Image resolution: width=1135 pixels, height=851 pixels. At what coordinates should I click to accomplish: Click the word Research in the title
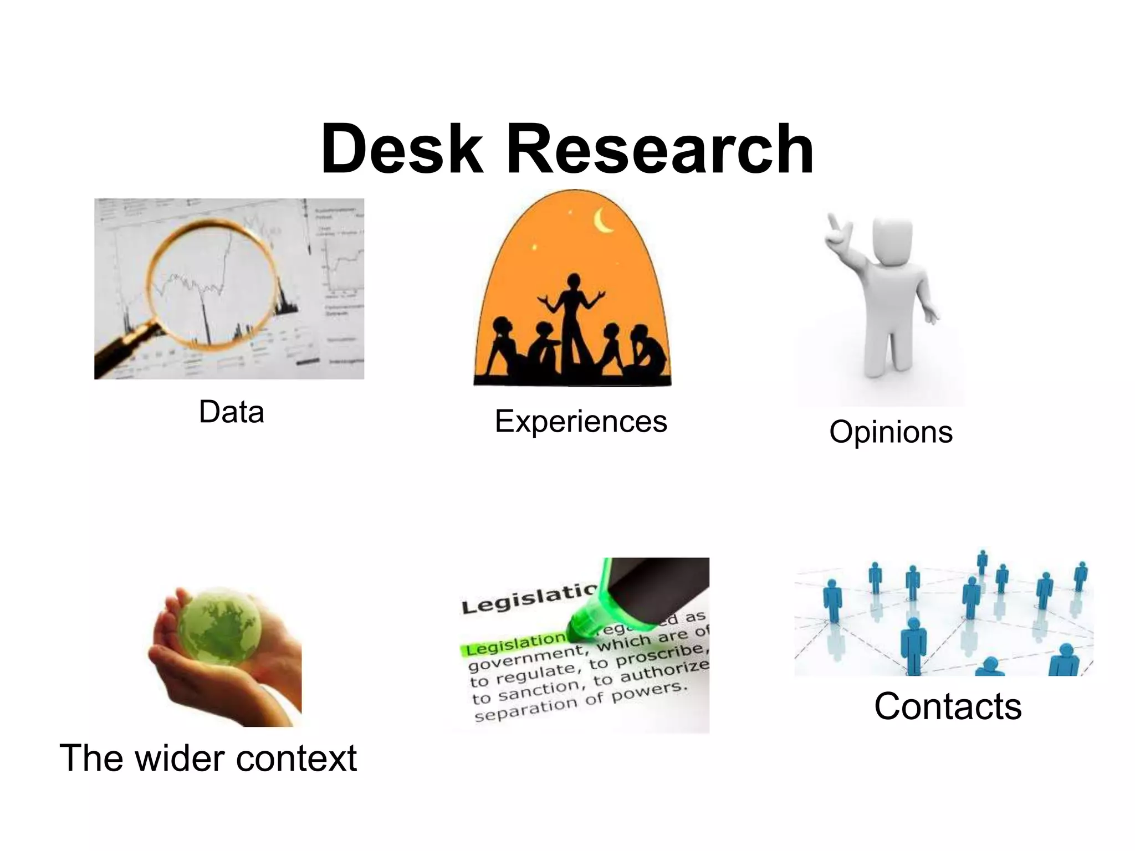(x=659, y=150)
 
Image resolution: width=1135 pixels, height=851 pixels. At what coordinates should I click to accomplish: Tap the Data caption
(x=231, y=412)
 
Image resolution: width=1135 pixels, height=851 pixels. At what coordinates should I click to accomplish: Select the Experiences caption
(x=581, y=421)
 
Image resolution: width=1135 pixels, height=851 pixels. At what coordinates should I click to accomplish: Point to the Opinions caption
(x=891, y=432)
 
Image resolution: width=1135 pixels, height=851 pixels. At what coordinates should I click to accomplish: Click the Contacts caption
(x=948, y=706)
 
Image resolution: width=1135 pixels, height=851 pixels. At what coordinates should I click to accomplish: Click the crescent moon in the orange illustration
(x=603, y=221)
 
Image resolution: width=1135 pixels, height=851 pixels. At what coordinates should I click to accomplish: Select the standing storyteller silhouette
(x=573, y=321)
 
